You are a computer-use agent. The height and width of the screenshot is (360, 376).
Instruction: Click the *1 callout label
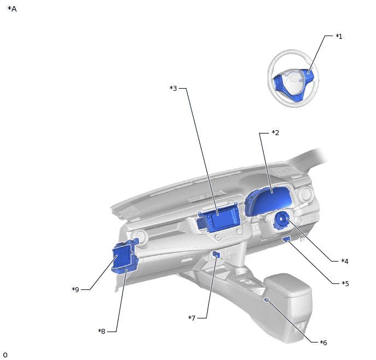point(339,37)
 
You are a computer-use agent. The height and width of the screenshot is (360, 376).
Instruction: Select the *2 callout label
point(275,133)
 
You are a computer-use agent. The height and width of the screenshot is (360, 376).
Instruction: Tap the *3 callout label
point(173,88)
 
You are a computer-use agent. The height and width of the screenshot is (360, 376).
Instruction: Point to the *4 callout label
point(345,261)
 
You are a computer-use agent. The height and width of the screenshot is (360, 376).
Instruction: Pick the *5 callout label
point(345,284)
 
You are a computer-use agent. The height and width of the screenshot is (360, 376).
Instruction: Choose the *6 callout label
point(323,342)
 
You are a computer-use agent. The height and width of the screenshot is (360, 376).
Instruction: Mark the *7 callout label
point(192,318)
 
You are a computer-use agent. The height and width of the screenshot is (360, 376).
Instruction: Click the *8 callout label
point(102,331)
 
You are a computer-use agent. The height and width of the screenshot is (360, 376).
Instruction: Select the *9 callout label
point(75,289)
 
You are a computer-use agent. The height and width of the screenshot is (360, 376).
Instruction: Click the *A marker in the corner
point(12,9)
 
